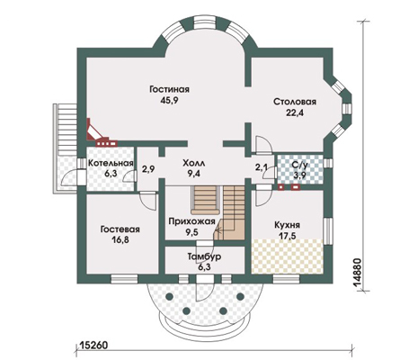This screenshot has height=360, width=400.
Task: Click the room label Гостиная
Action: (170, 89)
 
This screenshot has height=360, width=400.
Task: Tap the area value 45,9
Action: (170, 101)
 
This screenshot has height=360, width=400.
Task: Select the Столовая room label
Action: (295, 102)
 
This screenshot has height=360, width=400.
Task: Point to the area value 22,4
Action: (295, 113)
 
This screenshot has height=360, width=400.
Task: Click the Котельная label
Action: (111, 163)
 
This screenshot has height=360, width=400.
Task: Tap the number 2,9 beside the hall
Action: (148, 169)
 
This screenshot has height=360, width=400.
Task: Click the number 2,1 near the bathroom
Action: (262, 167)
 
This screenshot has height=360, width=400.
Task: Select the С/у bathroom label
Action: (299, 165)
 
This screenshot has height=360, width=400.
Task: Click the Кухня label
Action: (287, 225)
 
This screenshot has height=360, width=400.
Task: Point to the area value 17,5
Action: (287, 236)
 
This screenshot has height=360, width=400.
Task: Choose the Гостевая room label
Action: (120, 229)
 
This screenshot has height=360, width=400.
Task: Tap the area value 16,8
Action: (120, 240)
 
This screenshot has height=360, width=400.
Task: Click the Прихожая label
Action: (191, 221)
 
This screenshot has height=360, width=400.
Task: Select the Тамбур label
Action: (205, 256)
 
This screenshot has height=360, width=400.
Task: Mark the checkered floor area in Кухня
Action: (288, 256)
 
